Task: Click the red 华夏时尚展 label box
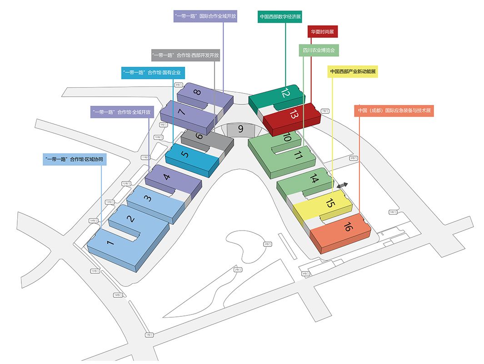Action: [x=323, y=32]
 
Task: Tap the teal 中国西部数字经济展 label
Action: [x=280, y=17]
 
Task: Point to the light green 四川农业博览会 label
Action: [x=319, y=50]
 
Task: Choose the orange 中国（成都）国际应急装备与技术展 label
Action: [x=394, y=111]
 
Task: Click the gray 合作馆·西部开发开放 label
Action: [x=186, y=55]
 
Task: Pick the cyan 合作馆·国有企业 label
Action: [x=153, y=73]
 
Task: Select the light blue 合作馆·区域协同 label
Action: [x=72, y=159]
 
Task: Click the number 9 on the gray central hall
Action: [x=240, y=129]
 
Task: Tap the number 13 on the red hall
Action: [x=293, y=114]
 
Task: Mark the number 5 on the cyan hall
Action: [x=185, y=154]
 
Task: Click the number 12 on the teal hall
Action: [x=285, y=93]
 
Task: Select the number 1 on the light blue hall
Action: [x=110, y=243]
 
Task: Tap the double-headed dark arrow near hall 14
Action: [x=342, y=185]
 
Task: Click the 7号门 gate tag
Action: [x=324, y=111]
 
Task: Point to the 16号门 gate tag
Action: [x=118, y=295]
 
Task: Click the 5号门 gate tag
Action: [x=393, y=212]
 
